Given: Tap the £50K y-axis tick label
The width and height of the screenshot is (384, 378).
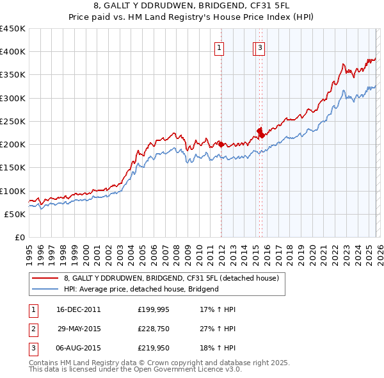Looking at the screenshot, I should click(15, 214).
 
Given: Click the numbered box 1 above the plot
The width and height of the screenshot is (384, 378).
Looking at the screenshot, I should click(219, 47).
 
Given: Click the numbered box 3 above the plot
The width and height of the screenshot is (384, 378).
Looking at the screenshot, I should click(261, 47).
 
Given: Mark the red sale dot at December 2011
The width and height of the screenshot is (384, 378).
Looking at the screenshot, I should click(221, 145).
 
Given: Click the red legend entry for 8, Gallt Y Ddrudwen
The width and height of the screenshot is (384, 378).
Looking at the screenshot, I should click(171, 278).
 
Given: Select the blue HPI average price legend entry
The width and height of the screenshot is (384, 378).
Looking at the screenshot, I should click(141, 289).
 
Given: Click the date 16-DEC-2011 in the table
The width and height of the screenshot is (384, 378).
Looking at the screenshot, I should click(78, 309).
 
